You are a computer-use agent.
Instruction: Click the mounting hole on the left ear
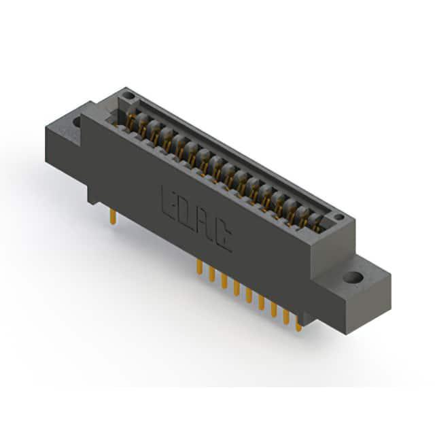[77, 122]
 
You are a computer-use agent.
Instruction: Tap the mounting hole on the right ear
[353, 277]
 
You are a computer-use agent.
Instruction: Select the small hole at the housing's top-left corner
[128, 97]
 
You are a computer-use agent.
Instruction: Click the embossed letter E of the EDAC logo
[169, 203]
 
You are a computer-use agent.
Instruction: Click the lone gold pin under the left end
[113, 217]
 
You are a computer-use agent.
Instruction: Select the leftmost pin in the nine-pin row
[199, 267]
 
